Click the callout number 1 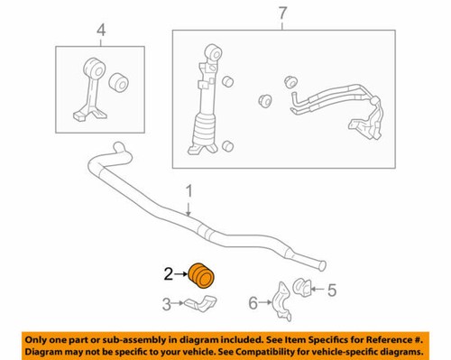coord(189,192)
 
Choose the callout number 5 coord(331,291)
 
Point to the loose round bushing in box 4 coord(119,84)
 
